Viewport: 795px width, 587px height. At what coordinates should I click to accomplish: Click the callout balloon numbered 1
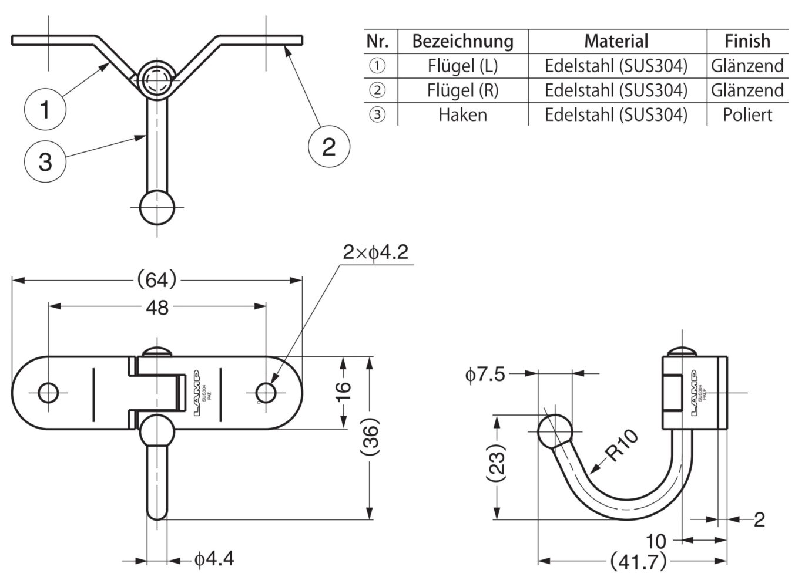click(45, 109)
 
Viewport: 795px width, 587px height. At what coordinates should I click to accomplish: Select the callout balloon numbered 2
click(328, 145)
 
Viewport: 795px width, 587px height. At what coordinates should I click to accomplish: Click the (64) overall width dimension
click(156, 280)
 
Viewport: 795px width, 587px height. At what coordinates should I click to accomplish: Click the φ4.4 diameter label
click(214, 559)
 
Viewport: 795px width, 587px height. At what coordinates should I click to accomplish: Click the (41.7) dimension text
click(639, 562)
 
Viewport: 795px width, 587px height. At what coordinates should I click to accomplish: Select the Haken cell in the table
click(462, 114)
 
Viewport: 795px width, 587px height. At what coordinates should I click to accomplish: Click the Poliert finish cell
click(747, 114)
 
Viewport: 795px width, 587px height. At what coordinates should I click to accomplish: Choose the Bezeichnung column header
click(462, 41)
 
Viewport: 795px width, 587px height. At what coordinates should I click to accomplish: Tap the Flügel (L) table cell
click(462, 66)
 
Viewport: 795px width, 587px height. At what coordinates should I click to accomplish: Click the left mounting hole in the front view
click(48, 392)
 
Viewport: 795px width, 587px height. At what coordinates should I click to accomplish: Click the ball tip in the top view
click(157, 208)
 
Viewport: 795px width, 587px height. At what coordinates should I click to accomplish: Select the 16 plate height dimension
click(344, 392)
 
